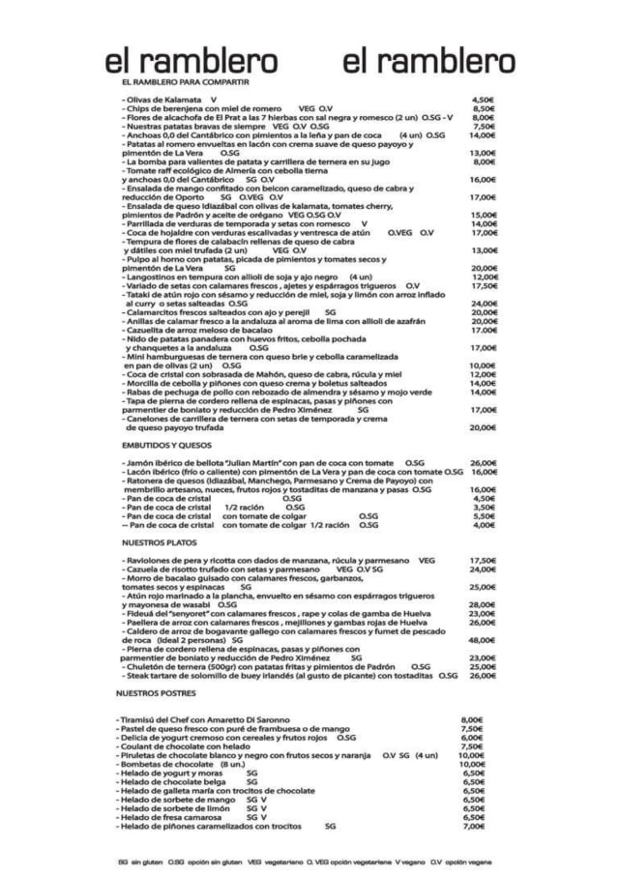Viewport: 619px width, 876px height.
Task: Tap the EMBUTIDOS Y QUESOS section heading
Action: tap(166, 445)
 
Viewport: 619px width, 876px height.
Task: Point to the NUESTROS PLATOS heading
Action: tap(159, 542)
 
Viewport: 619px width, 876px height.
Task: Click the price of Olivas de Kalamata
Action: tap(484, 100)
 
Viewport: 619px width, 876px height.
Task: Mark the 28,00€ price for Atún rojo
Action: tap(483, 604)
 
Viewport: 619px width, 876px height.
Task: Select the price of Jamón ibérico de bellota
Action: tap(484, 463)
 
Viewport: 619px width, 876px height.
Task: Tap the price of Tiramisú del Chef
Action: tap(472, 719)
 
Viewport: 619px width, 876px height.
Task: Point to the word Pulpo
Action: tap(137, 259)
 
